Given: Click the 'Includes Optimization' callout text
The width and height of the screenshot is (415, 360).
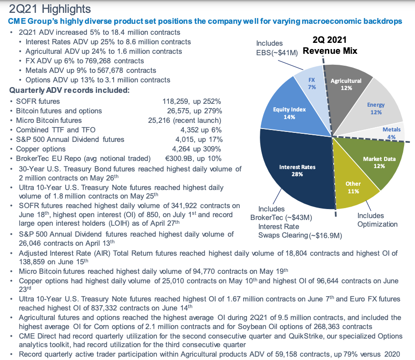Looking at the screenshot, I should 377,220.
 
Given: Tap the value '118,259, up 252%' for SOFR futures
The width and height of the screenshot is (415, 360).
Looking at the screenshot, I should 191,101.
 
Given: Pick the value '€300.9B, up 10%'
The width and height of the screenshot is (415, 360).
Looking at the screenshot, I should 193,158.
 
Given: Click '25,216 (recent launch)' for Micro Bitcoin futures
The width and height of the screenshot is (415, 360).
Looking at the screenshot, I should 185,120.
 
